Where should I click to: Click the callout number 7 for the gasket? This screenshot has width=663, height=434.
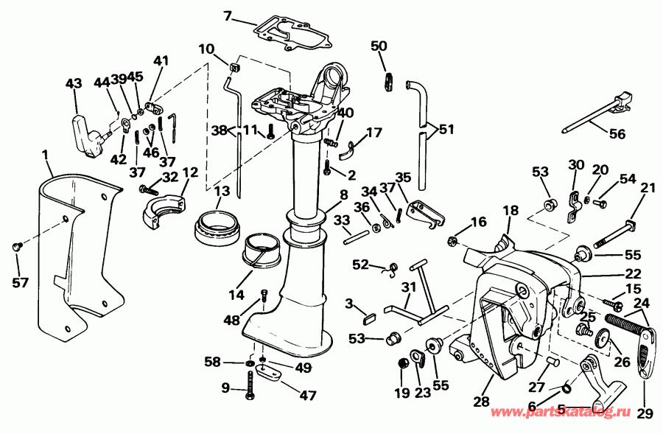tap(227, 15)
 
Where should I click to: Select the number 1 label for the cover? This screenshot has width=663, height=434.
tap(45, 155)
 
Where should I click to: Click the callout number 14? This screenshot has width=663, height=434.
tap(236, 295)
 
